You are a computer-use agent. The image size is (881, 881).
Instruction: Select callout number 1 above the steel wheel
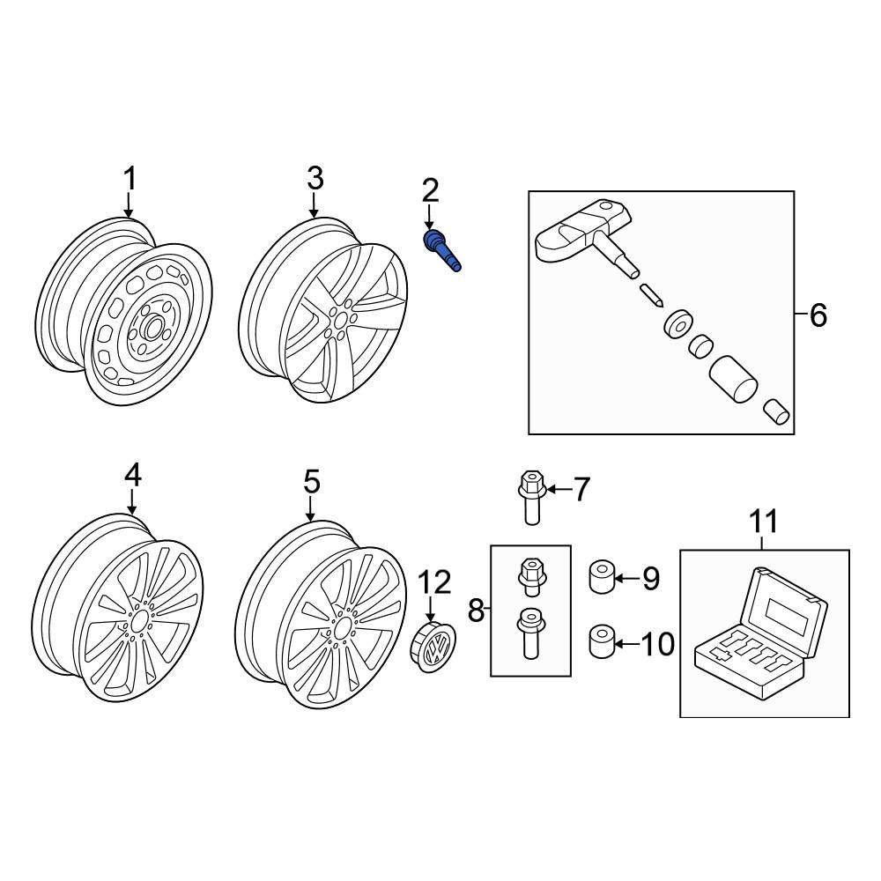coord(130,179)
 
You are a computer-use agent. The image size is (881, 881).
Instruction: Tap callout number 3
coord(315,179)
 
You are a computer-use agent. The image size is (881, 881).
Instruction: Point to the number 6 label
coord(818,315)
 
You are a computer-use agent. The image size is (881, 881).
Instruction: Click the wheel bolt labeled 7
coord(529,498)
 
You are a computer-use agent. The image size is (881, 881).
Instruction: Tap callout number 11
coord(764,521)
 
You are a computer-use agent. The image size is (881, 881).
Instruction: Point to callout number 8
coord(477,611)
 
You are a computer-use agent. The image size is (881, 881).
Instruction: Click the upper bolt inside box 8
coord(529,576)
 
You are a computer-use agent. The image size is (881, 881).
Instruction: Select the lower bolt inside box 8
coord(529,632)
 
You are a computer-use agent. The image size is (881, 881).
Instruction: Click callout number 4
coord(132,475)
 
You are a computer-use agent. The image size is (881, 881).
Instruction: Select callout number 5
coord(311,482)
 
